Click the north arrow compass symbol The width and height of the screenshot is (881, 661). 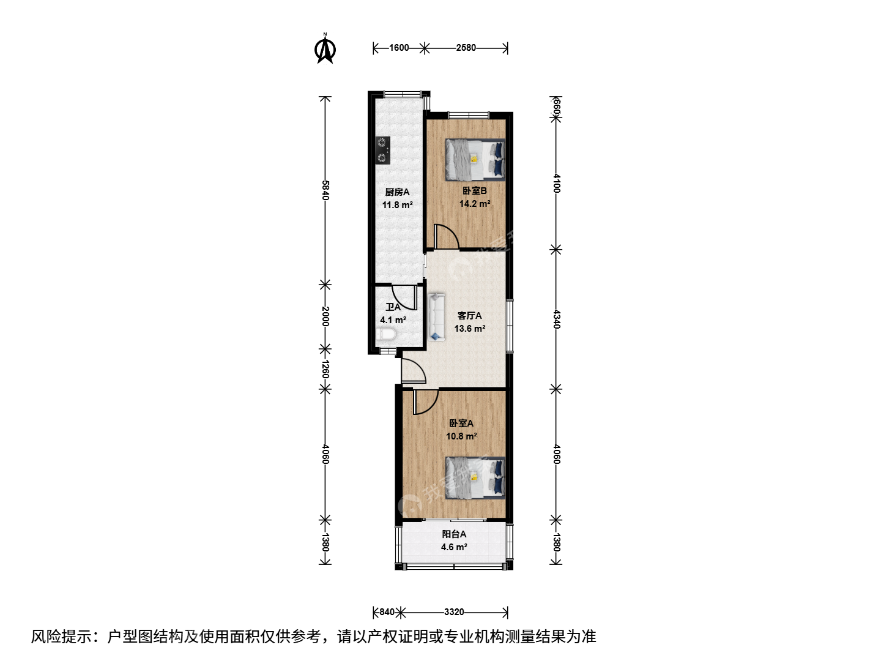[325, 50]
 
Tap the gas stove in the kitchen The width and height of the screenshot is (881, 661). [102, 150]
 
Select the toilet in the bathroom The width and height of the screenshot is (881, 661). [386, 334]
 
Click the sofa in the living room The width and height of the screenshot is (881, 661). [436, 317]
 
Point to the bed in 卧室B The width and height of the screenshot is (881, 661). [475, 160]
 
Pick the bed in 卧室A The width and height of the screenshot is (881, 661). [475, 478]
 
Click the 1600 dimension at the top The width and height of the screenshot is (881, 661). [399, 48]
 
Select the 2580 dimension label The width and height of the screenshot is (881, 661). [466, 48]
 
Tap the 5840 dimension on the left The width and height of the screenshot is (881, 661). [325, 190]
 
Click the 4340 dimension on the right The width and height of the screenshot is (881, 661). [556, 319]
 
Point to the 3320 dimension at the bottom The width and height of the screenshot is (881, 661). [454, 612]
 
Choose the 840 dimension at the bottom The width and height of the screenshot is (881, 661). [387, 612]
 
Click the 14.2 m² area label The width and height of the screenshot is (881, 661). [474, 203]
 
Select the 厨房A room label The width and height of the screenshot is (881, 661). [397, 192]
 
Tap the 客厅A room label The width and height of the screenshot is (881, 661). [470, 316]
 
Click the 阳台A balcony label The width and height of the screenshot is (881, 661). [454, 534]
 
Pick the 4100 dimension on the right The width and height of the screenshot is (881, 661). [556, 183]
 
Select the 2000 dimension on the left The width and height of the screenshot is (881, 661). [325, 316]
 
